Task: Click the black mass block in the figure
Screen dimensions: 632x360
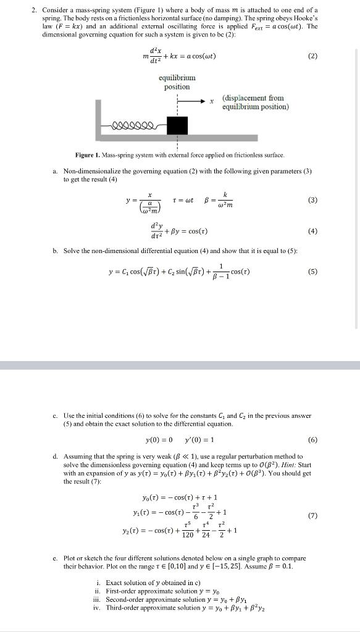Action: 177,126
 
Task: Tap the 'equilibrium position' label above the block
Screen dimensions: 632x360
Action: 177,82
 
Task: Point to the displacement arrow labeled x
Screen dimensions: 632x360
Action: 192,100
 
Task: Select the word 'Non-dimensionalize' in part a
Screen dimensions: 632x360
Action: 91,171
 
